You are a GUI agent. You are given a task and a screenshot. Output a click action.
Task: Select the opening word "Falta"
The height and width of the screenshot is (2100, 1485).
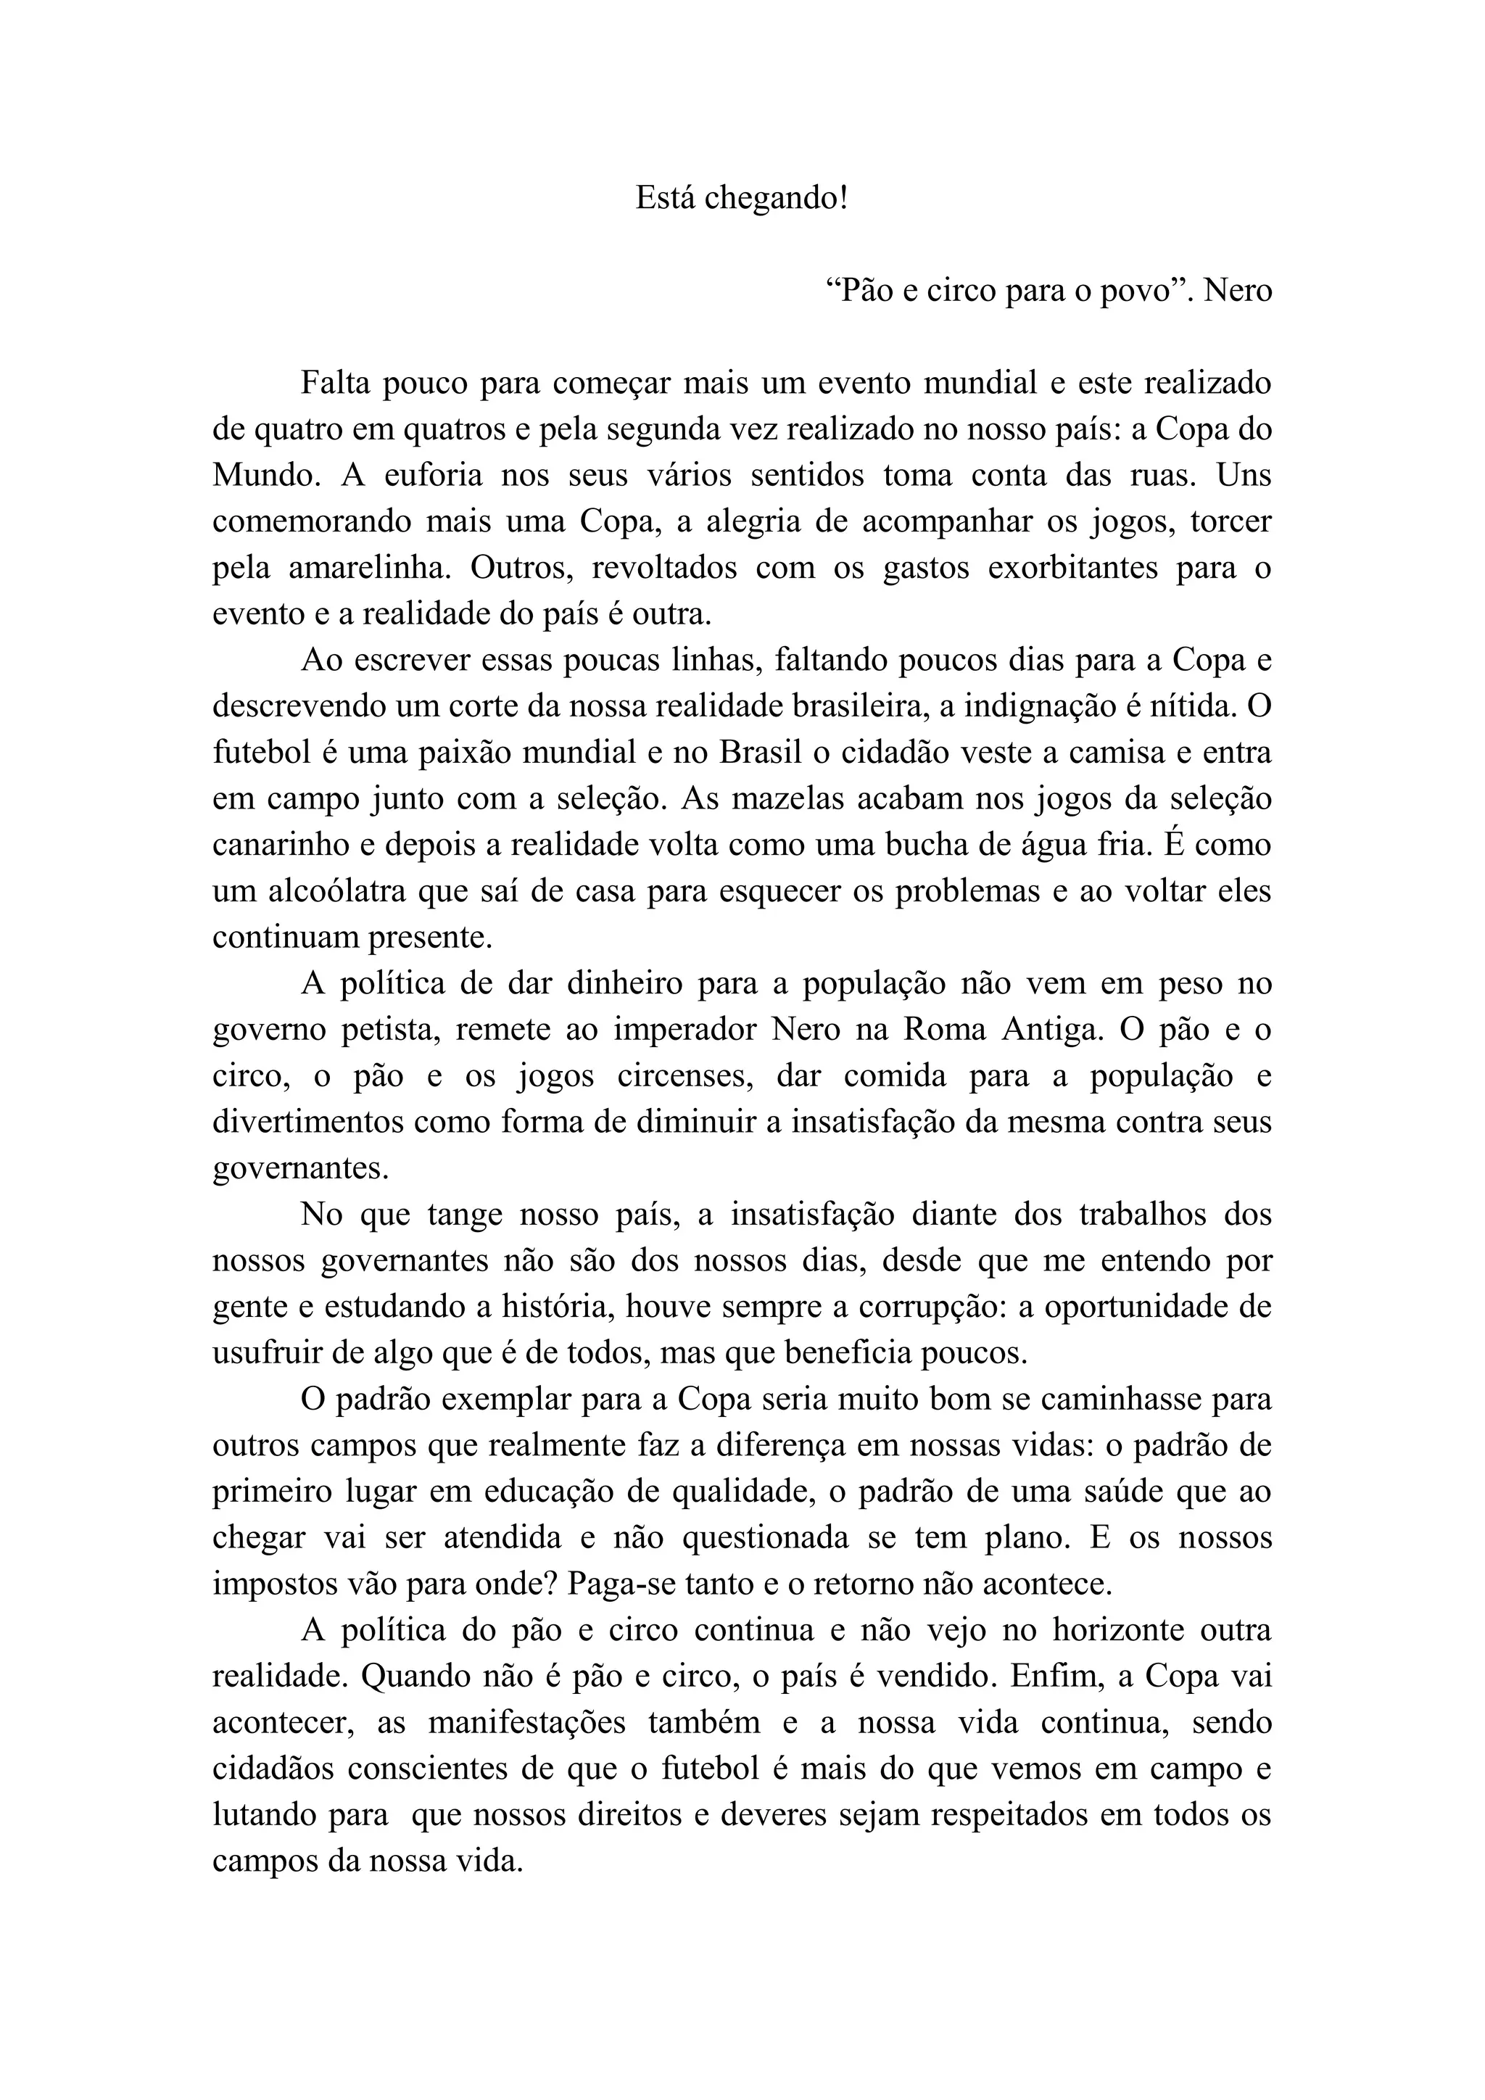336,382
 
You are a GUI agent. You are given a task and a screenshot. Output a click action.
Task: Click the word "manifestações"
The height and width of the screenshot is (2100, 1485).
526,1722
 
